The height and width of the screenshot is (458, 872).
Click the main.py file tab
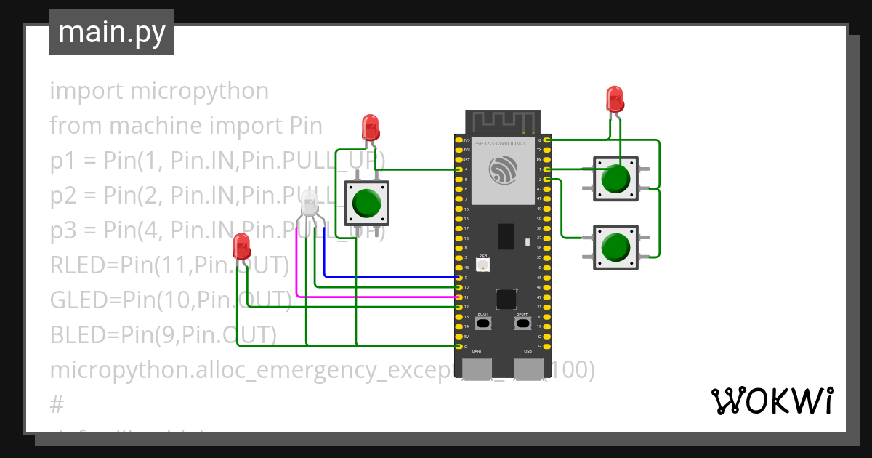pos(112,32)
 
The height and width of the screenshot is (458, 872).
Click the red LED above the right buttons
pos(615,98)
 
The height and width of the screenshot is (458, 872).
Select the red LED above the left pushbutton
pos(371,126)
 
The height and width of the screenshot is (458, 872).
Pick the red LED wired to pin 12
pos(242,246)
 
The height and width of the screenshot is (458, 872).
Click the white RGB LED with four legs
pos(310,203)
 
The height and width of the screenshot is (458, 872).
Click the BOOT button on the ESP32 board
pos(483,323)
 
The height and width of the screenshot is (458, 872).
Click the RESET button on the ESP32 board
pos(522,323)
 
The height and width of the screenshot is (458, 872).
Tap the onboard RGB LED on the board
pos(483,265)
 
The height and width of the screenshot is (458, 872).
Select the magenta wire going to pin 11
pos(378,297)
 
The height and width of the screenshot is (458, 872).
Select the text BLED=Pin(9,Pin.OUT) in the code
pos(163,334)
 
